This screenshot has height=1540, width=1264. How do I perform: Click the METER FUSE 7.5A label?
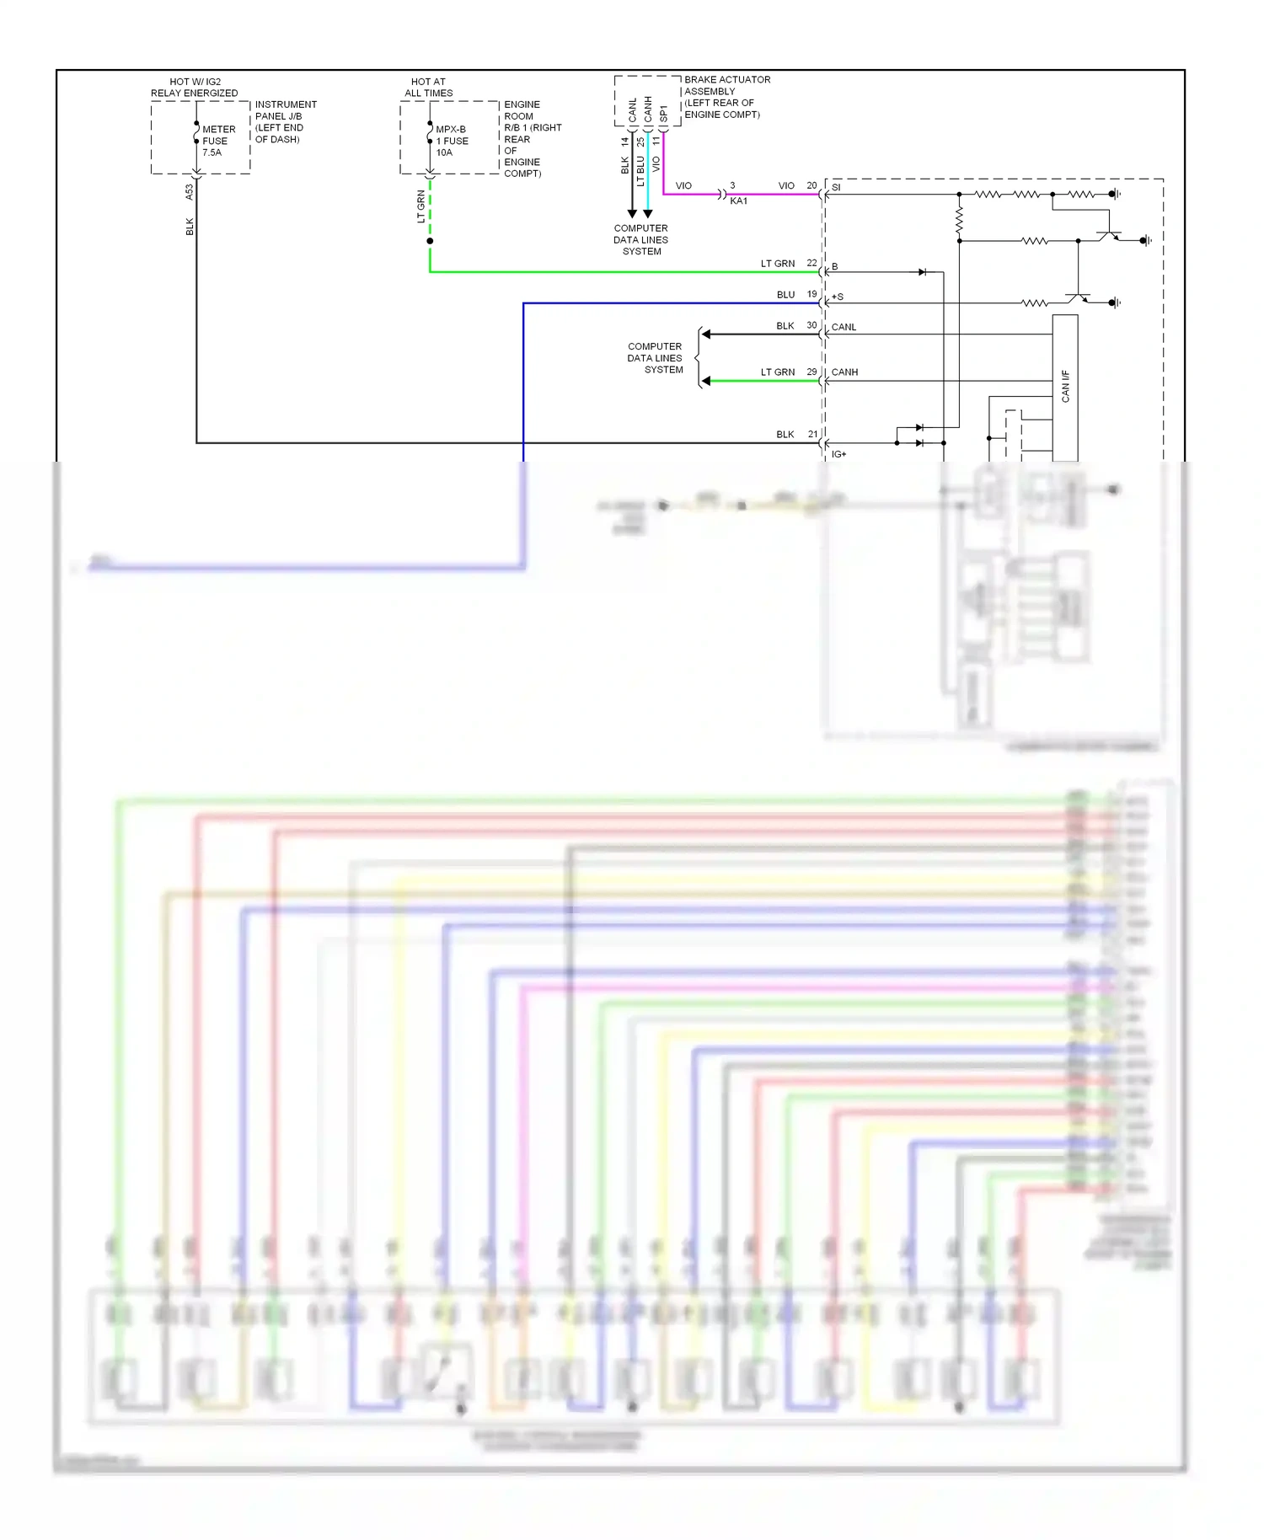point(217,141)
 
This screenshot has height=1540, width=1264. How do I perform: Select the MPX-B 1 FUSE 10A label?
point(452,141)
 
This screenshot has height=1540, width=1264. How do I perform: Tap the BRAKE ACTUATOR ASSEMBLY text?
point(726,86)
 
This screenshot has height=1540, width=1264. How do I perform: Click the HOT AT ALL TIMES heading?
point(428,88)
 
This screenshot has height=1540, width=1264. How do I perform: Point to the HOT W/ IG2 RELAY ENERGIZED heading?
point(194,88)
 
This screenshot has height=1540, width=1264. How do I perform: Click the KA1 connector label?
point(738,201)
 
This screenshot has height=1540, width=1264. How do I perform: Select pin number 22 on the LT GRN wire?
point(811,263)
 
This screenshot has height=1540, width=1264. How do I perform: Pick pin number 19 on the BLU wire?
point(811,294)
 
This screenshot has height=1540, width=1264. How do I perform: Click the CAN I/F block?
point(1065,386)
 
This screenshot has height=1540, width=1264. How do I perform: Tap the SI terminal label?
point(836,187)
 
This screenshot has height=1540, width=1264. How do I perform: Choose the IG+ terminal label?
point(838,454)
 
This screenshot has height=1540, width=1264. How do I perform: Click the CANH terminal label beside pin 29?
point(844,372)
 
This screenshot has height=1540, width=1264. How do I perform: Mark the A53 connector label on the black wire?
point(190,192)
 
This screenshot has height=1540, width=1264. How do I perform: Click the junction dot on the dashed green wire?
point(430,241)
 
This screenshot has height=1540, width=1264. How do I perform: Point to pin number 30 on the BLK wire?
point(811,325)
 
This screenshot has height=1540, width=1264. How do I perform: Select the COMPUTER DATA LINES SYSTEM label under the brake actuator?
point(640,240)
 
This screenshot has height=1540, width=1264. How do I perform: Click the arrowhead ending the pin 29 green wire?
point(706,381)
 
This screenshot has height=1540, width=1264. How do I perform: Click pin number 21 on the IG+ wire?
point(812,434)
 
